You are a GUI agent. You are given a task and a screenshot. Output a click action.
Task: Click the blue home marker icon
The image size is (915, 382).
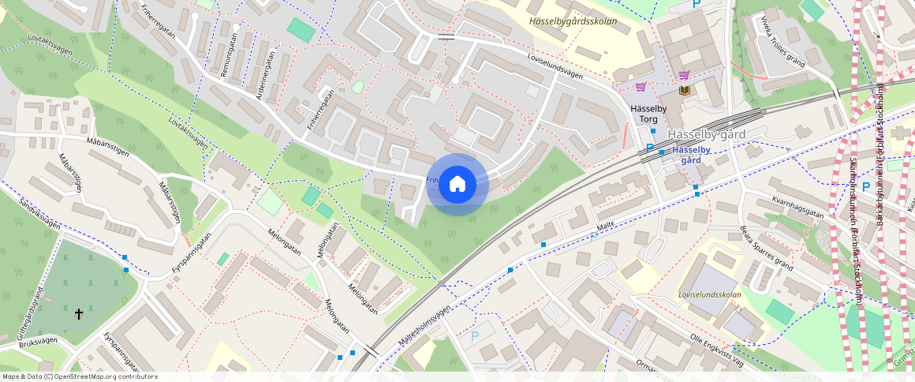pos(457,185)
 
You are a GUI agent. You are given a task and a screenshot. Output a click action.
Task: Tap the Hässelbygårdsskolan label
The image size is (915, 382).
pos(573,21)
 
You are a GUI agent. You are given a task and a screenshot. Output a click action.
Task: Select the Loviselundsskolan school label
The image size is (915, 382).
pos(709,294)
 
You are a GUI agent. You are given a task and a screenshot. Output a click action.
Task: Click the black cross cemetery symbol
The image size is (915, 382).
pos(79,314)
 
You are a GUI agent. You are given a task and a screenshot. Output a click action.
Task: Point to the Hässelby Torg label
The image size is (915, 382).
pos(648,114)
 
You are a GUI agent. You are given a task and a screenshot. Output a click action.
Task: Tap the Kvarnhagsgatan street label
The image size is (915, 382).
pos(797,213)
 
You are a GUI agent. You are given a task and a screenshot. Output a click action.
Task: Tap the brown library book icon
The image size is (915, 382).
pos(684,91)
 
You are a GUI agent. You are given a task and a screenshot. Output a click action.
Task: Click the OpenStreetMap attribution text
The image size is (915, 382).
pos(80,376)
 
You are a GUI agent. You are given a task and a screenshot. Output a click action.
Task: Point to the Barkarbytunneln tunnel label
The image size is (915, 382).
pos(880,158)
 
